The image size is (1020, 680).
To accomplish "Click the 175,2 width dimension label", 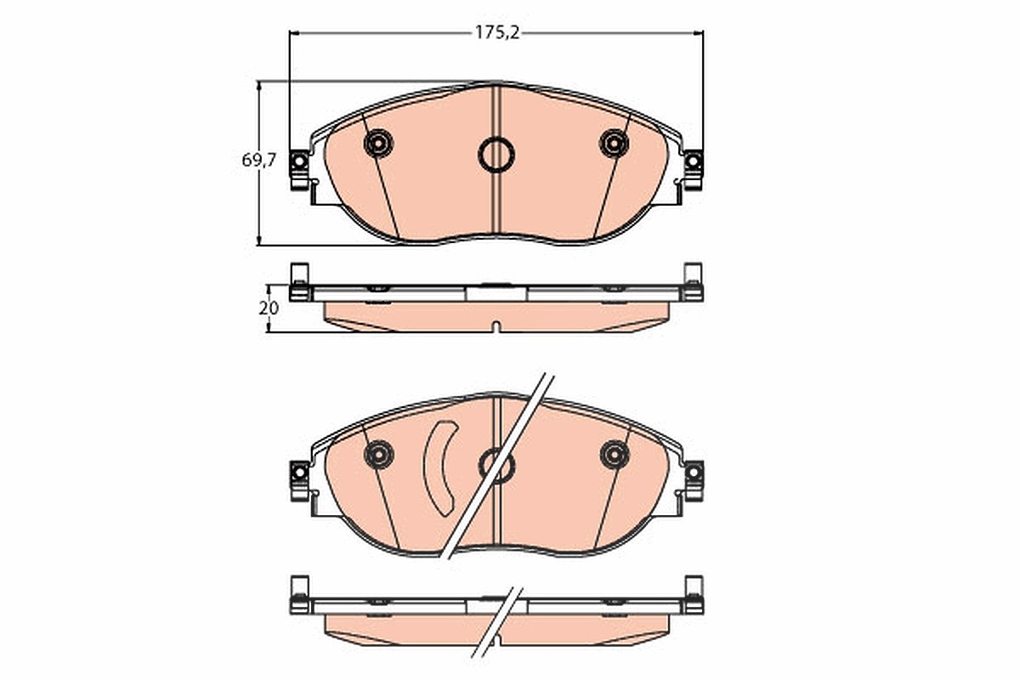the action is click(x=496, y=33).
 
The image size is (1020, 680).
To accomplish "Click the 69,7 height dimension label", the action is click(x=258, y=160).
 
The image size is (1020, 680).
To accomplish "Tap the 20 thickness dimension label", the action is click(x=269, y=309).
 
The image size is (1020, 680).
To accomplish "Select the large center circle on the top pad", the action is click(x=496, y=155).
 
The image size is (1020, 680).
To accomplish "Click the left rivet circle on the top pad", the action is click(x=378, y=144).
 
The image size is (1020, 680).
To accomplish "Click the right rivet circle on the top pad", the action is click(x=614, y=144).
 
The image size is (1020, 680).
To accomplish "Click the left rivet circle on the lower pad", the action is click(x=379, y=455).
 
